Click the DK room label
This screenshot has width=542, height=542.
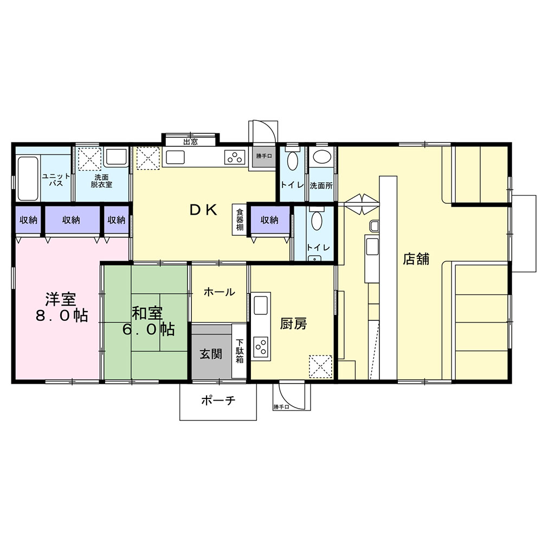[x=204, y=209]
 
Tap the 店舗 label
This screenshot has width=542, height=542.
[x=416, y=259]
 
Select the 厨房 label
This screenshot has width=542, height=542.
[x=293, y=324]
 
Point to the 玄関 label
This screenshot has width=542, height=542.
[x=211, y=354]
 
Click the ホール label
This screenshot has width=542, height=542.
[x=219, y=292]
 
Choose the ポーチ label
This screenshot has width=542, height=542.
[x=218, y=401]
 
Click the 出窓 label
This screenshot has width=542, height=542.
[x=190, y=141]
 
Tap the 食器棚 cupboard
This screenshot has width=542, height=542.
[x=239, y=220]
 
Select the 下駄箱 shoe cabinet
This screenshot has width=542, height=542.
[x=239, y=351]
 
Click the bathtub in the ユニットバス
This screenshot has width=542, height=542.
[x=28, y=179]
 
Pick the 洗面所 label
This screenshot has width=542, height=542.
[x=321, y=185]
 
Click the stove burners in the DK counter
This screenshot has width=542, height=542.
[x=235, y=157]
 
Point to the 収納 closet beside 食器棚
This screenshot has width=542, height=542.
[x=270, y=220]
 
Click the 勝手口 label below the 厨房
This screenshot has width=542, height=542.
[x=281, y=407]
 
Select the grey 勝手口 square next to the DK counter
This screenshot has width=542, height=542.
[x=264, y=157]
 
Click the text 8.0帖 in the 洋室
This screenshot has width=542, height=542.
[x=62, y=315]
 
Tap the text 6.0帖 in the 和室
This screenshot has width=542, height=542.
[x=149, y=330]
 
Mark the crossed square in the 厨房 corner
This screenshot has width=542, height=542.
[x=320, y=367]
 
